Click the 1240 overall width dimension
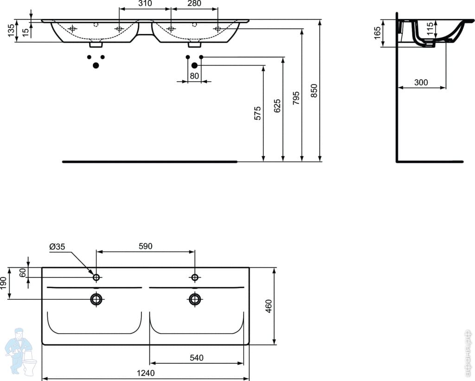146,373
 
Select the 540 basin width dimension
197,358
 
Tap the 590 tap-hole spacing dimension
145,246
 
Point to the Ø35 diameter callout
57,246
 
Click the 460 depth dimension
269,306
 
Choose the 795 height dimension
296,97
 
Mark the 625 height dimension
277,105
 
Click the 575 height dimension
257,113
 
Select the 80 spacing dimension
194,76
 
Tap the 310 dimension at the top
145,3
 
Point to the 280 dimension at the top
194,3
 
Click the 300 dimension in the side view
421,82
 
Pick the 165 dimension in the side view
377,33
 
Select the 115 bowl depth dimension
430,29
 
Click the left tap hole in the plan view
96,277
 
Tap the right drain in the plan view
194,299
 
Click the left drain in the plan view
96,299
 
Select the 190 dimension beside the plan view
3,283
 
